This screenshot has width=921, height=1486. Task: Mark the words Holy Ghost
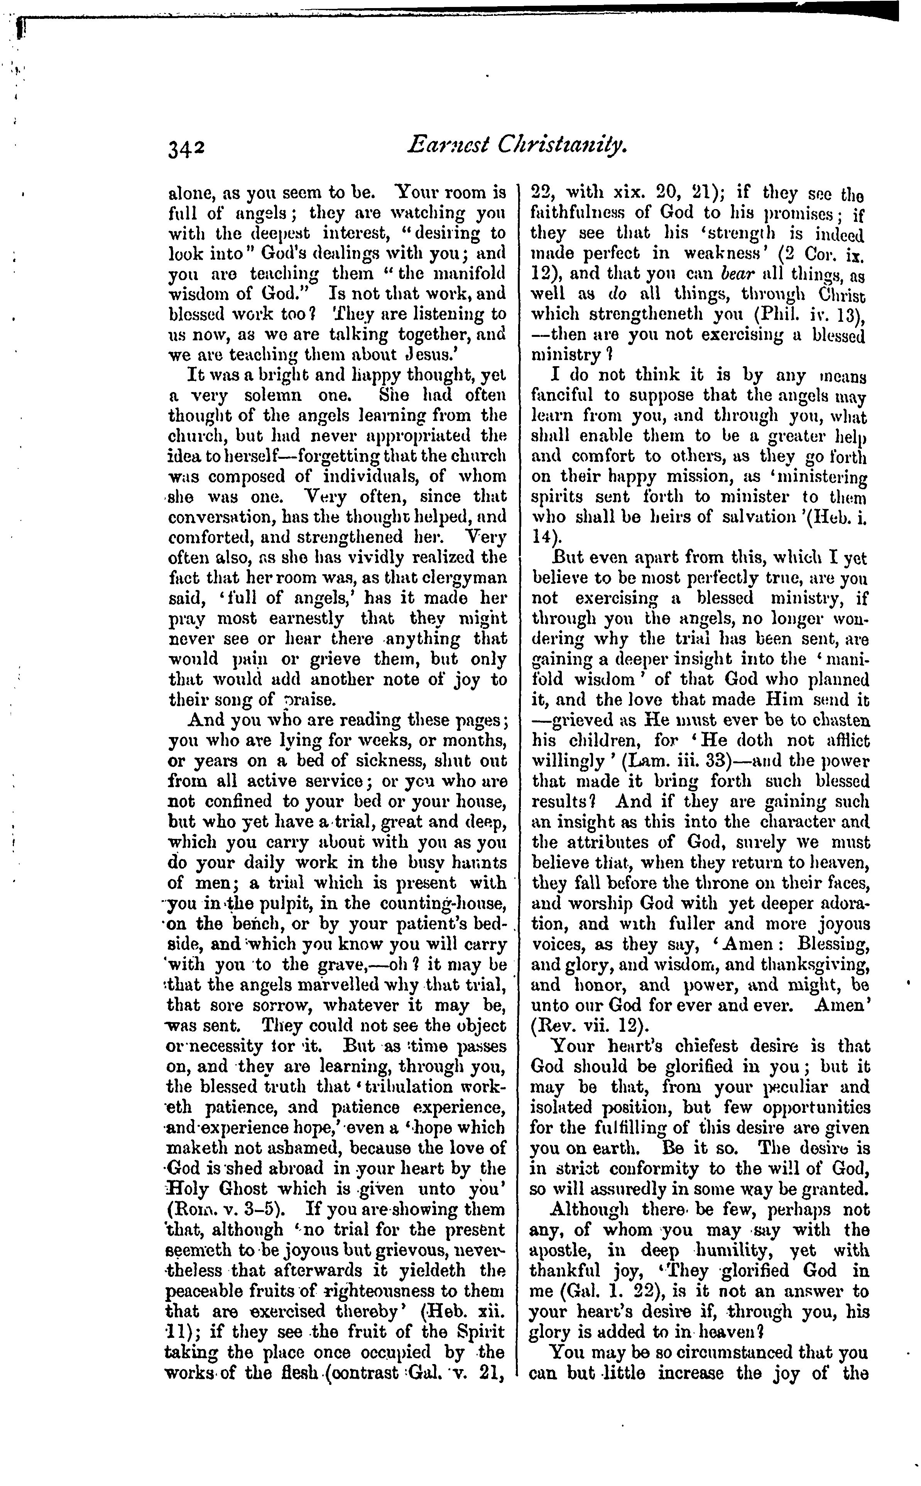[218, 1189]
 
